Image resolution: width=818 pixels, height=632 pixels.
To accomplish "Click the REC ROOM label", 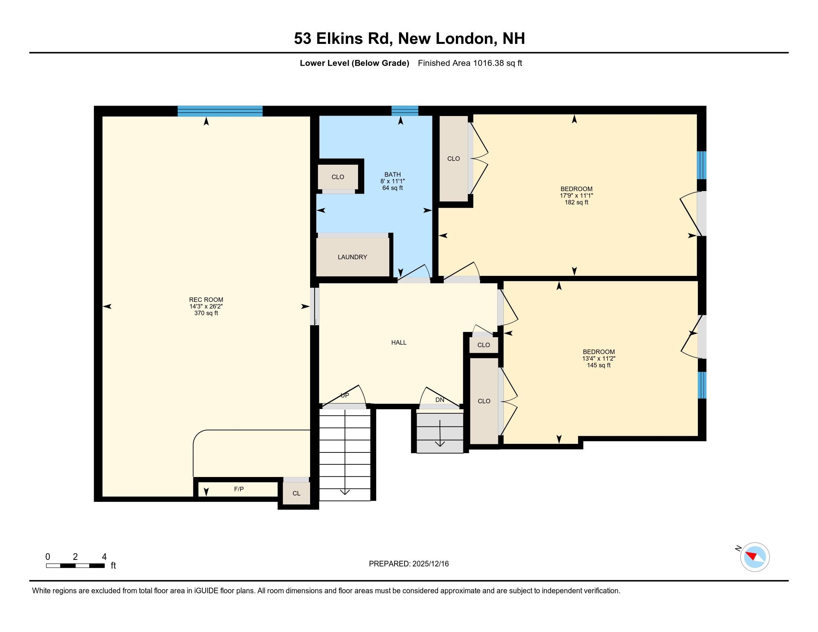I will click(206, 300).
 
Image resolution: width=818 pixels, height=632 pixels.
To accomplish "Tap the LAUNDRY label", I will click(352, 257).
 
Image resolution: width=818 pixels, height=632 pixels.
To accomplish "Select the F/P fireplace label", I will click(239, 489).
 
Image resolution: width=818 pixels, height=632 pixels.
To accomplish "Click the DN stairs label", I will click(440, 400).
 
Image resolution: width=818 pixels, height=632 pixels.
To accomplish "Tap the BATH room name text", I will click(392, 174).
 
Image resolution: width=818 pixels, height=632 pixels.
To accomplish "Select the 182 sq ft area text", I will click(576, 203).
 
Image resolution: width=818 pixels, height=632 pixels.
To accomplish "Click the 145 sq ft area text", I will click(599, 365).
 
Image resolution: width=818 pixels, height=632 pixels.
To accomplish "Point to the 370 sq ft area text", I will click(206, 313).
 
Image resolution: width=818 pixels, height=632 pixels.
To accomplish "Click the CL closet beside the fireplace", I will click(296, 493).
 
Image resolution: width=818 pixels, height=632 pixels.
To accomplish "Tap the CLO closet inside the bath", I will click(338, 177).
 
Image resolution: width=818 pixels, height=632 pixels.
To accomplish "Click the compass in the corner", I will click(755, 557).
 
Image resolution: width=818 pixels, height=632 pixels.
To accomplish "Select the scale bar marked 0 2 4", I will click(75, 565).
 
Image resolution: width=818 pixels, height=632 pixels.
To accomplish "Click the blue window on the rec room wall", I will click(220, 111).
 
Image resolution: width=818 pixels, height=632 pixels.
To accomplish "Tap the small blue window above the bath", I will click(405, 111).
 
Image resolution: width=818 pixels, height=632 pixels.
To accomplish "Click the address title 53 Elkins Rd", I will click(409, 39).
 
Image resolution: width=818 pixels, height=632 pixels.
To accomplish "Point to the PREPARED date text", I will click(409, 564).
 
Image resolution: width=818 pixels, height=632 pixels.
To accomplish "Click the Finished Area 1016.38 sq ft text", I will click(470, 63).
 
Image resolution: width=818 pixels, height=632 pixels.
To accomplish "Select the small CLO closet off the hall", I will click(483, 345).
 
